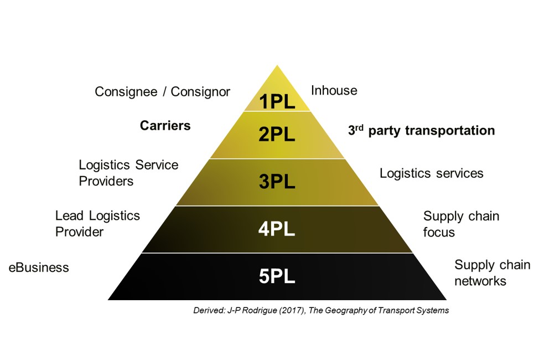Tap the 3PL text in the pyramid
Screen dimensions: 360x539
coord(277,182)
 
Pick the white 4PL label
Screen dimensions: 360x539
coord(277,229)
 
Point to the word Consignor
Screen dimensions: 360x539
coord(200,91)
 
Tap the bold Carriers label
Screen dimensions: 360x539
coord(165,126)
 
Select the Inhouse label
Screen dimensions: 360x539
coord(334,90)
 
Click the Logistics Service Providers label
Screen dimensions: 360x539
coord(128,173)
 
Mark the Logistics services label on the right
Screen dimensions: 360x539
coord(431,173)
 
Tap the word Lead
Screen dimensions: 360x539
coord(69,215)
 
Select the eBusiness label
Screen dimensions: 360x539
coord(39,268)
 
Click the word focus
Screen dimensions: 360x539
coord(439,232)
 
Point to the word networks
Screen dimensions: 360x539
coord(480,281)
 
